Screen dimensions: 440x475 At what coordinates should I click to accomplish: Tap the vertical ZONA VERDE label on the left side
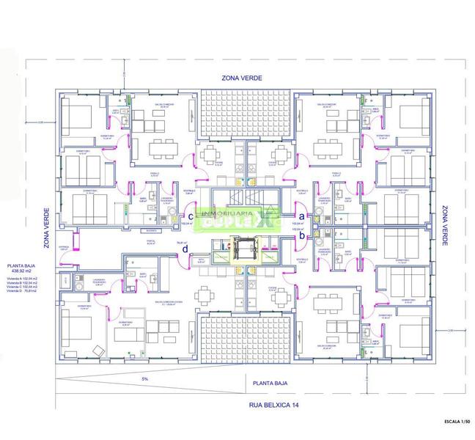click(46, 228)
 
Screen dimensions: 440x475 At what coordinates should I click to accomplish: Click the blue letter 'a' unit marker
click(300, 215)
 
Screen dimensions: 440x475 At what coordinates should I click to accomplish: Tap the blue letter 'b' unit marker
click(300, 236)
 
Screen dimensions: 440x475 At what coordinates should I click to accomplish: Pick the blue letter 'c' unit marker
click(191, 216)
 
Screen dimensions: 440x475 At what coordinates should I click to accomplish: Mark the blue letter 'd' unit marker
click(185, 249)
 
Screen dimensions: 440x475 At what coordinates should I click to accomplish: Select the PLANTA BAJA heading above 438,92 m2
click(21, 265)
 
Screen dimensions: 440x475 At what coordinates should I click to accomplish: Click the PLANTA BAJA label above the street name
click(269, 383)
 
